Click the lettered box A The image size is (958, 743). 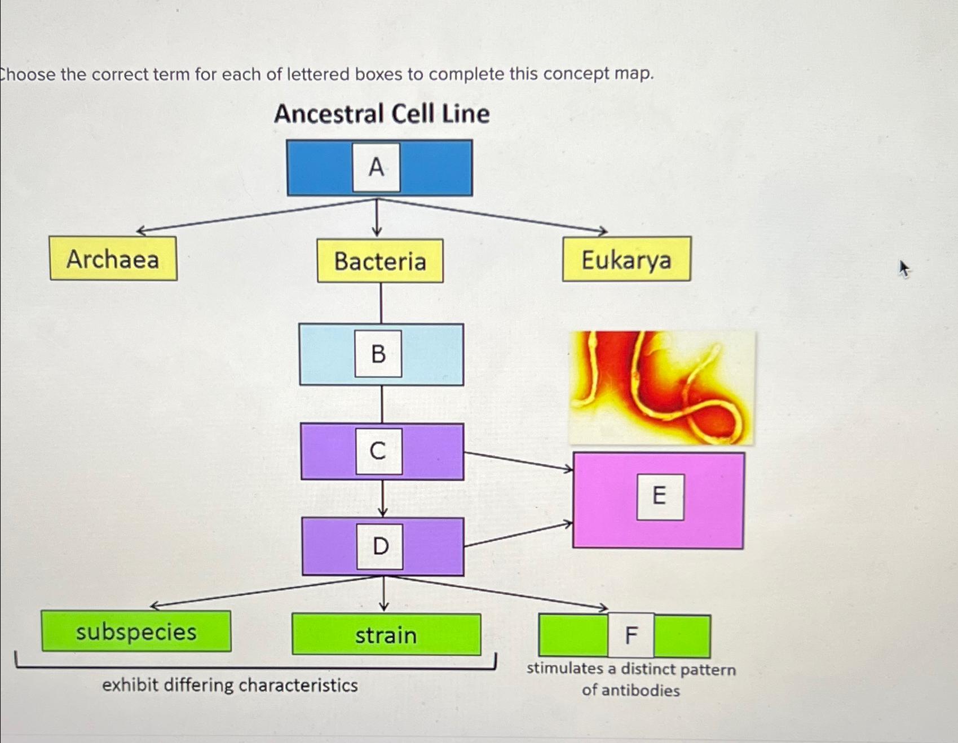coord(376,167)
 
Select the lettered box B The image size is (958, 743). coord(378,354)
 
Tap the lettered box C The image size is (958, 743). coord(379,451)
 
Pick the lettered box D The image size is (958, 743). coord(380,546)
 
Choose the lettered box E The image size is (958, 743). coord(660,496)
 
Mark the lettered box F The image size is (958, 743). coord(631,635)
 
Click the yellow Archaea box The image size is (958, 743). coord(113,259)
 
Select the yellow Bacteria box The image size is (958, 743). coord(380,261)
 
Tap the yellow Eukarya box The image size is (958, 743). coord(626,259)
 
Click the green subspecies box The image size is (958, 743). coord(136,631)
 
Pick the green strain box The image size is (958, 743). coord(386,634)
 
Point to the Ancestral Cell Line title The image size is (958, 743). coord(382,114)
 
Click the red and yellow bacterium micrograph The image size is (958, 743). coord(662,388)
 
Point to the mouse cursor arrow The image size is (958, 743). coord(904,269)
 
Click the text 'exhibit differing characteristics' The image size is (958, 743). coord(230,685)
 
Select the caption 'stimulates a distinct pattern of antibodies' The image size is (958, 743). coord(631,679)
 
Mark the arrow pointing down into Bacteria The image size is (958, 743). coord(377,217)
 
